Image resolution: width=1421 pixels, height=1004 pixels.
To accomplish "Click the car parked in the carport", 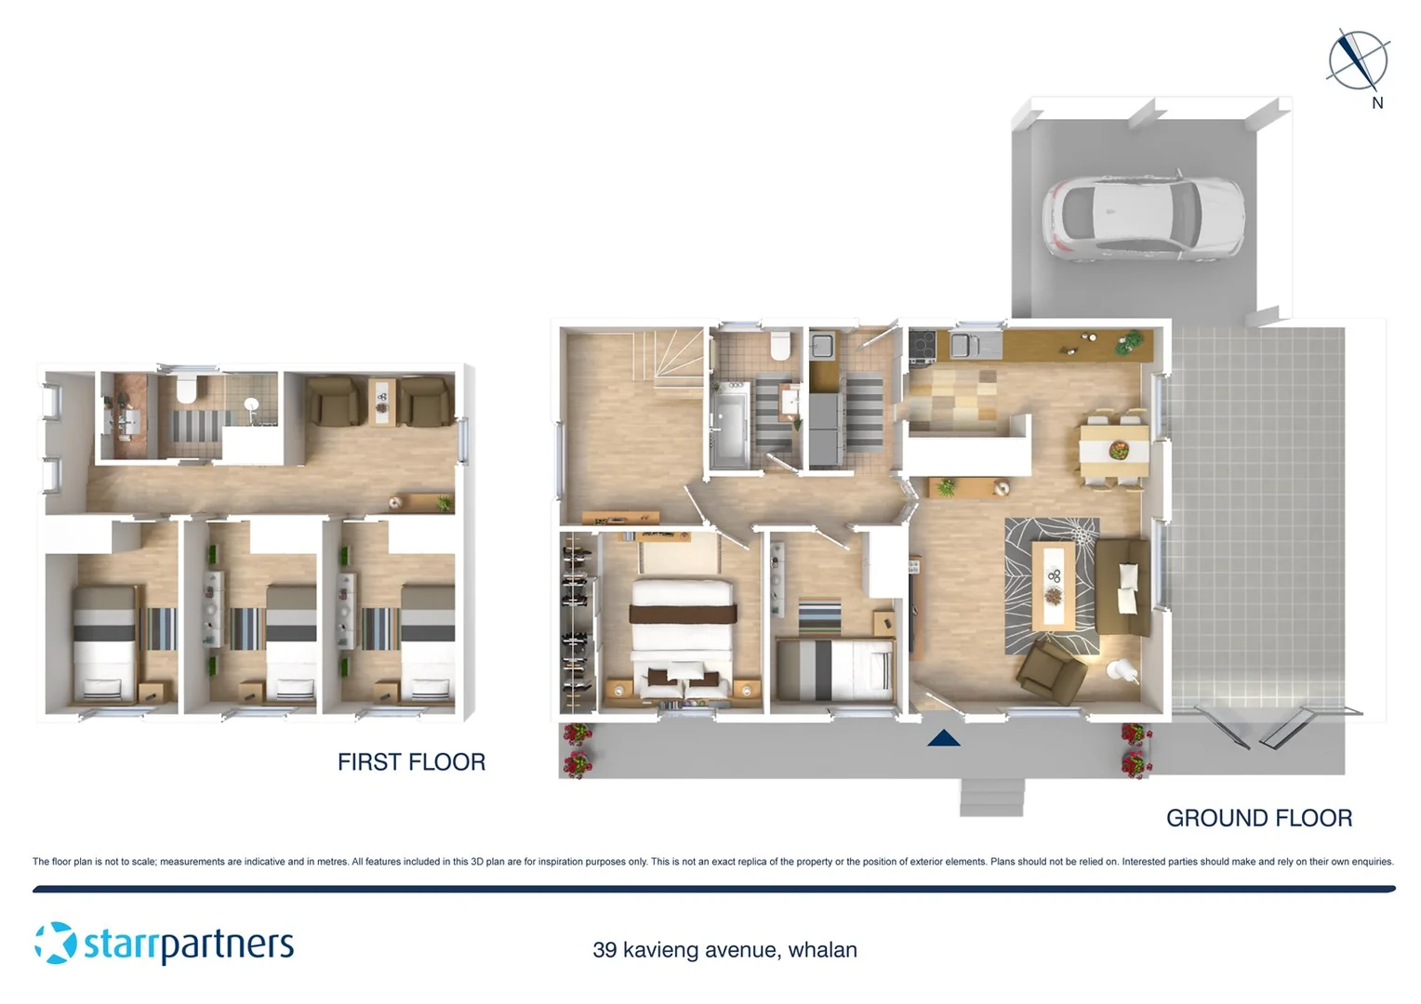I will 1144,217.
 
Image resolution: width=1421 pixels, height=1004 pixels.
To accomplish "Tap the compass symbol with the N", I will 1358,61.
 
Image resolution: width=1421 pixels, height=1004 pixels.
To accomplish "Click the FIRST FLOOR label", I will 411,762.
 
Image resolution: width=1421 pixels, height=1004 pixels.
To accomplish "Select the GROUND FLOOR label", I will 1258,818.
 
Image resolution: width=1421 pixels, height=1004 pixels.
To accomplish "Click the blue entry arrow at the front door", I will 943,738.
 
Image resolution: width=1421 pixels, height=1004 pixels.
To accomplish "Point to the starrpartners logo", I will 165,944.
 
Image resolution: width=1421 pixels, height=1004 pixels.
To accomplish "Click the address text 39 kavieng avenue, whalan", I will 724,950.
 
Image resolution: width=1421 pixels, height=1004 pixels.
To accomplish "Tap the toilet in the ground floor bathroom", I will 780,347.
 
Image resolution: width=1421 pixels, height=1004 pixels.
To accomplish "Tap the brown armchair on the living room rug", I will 1052,669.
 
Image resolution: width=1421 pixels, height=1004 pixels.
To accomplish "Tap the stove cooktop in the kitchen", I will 922,346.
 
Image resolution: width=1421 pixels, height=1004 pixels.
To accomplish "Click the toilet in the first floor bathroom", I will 188,390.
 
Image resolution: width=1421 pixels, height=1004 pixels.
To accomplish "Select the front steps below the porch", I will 991,798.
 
